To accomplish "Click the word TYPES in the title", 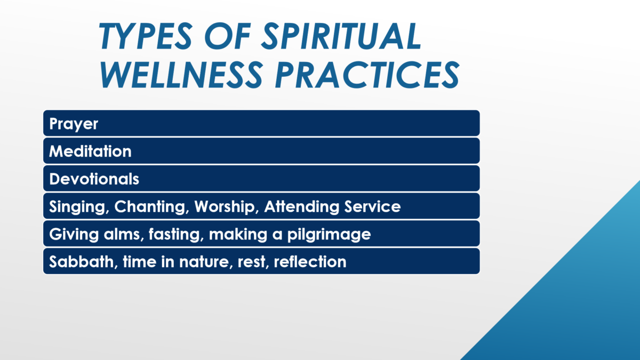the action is [146, 36].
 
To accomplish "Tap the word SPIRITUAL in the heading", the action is [342, 36].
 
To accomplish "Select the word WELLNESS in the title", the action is [181, 75].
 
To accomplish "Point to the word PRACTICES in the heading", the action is [367, 75].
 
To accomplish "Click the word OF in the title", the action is [227, 36].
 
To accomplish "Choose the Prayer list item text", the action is [74, 124].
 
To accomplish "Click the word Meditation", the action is [90, 151].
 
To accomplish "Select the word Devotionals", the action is [94, 179].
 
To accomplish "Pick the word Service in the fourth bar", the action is [372, 206].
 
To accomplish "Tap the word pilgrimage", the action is [329, 235].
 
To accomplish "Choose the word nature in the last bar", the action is [206, 262].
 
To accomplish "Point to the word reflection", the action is [310, 261].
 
